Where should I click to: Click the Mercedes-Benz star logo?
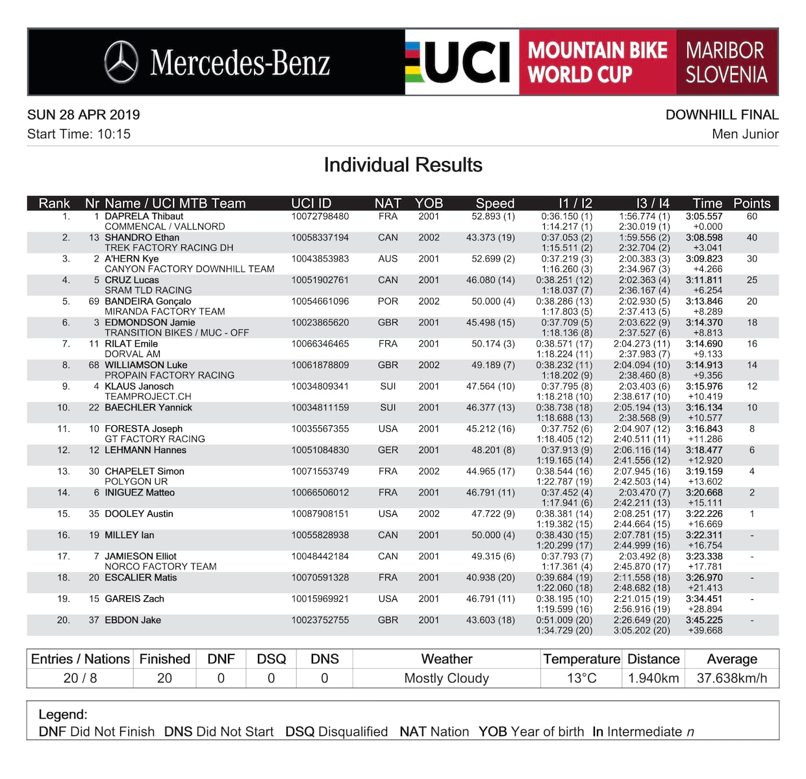(x=121, y=62)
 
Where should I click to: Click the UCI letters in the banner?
(x=466, y=62)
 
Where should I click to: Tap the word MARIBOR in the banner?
(x=725, y=50)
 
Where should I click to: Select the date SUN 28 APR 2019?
(x=84, y=115)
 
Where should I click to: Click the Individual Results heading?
(x=403, y=165)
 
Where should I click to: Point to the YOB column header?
(x=429, y=203)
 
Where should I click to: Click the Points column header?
(x=751, y=203)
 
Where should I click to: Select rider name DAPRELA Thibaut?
(x=144, y=216)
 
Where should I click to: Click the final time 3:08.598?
(x=704, y=238)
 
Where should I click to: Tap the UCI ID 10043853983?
(x=320, y=258)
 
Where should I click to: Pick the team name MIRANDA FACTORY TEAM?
(x=165, y=312)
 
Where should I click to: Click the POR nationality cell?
(x=388, y=301)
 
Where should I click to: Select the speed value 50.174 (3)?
(x=493, y=343)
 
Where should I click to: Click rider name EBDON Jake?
(x=132, y=620)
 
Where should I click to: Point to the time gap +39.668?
(x=705, y=630)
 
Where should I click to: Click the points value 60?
(x=751, y=216)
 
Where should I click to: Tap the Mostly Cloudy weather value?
(x=446, y=678)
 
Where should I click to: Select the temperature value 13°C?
(x=581, y=678)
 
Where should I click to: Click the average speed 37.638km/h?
(x=731, y=678)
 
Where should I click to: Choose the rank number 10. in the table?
(x=63, y=408)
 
